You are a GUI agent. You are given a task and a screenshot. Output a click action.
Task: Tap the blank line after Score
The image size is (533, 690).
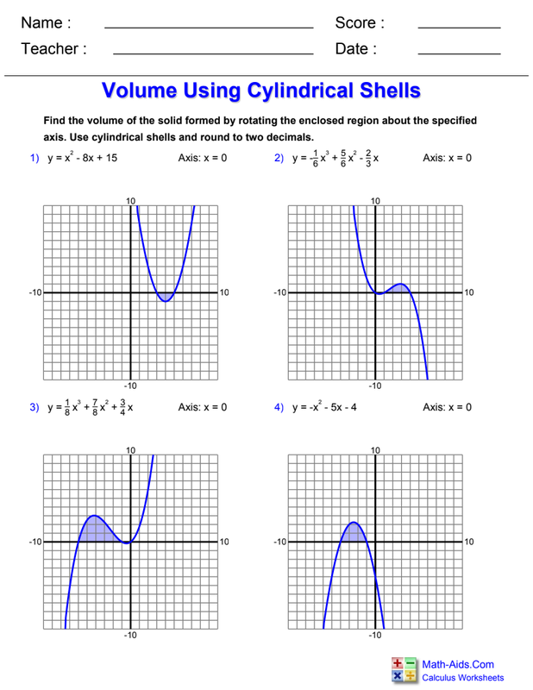coord(459,28)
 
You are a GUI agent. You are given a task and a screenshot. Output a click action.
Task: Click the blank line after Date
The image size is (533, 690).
coord(459,54)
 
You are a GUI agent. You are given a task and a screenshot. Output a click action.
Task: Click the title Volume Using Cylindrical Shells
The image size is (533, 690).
coord(261,91)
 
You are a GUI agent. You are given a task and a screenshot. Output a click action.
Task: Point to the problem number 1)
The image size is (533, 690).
coord(35,158)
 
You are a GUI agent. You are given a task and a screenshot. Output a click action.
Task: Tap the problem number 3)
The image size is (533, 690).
coord(35,406)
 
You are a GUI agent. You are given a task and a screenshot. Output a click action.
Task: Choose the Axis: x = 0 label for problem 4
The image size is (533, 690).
coord(447,406)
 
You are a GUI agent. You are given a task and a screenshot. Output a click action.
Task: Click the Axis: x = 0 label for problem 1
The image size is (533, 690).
coord(203,158)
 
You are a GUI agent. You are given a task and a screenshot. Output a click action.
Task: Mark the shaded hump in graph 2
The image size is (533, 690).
coord(398,288)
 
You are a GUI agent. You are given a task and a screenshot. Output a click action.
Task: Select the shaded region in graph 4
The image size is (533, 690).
coord(353,533)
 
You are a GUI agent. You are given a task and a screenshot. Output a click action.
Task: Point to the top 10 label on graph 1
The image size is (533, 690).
coord(131,201)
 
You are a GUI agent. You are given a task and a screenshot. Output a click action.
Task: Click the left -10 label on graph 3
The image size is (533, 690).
coord(35,542)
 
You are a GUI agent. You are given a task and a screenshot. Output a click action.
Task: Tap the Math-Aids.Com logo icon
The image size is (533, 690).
coord(404,669)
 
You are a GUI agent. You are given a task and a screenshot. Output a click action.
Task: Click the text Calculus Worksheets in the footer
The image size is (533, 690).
coord(463,678)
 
